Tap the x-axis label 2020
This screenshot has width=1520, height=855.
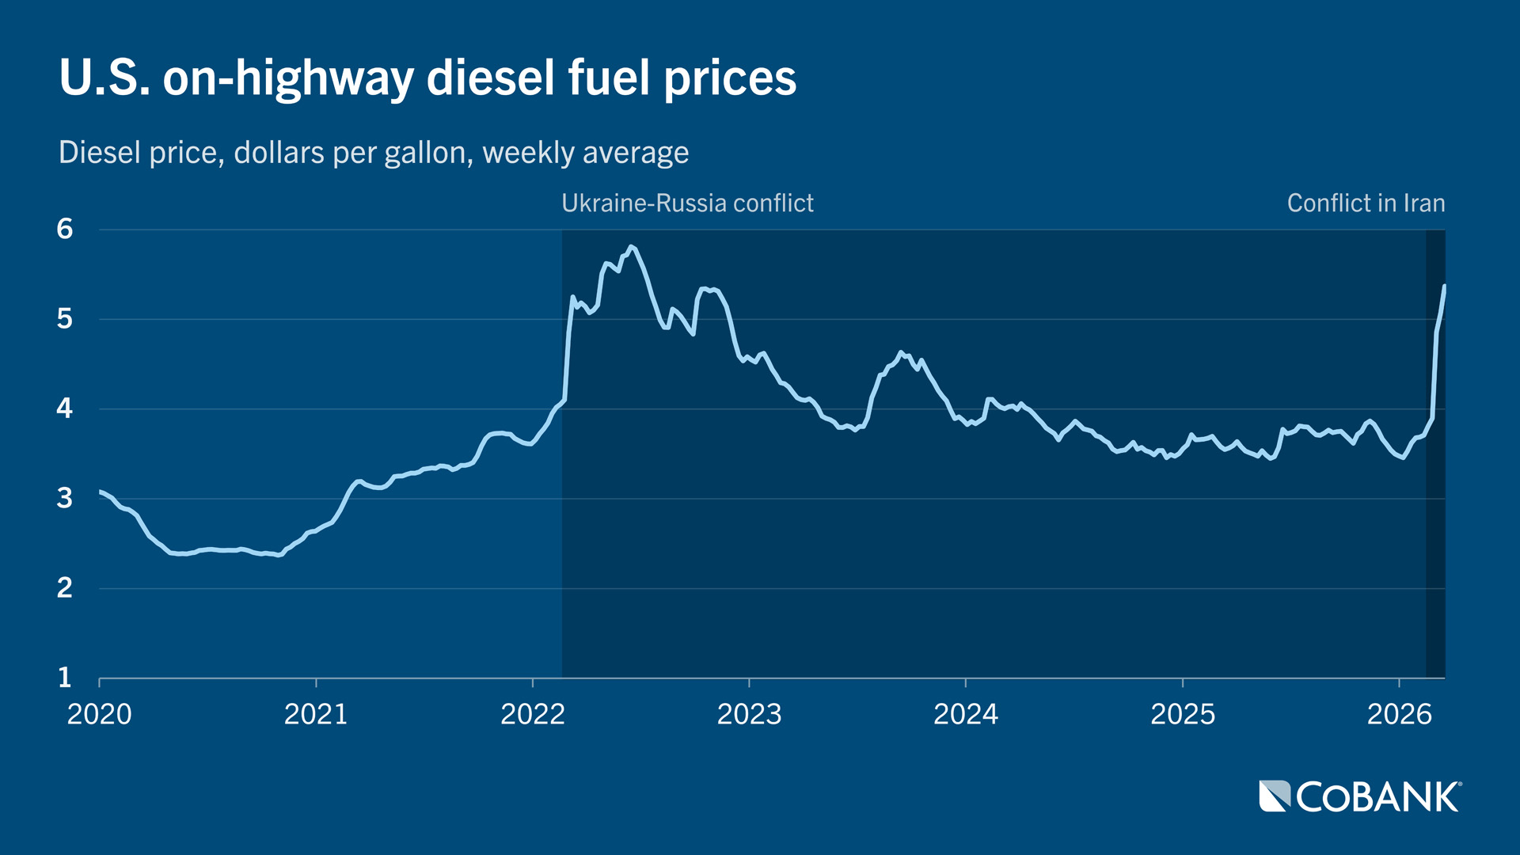[99, 714]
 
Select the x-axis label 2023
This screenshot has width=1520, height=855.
[749, 714]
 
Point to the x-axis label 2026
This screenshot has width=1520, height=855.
[1399, 714]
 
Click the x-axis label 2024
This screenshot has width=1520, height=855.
[965, 714]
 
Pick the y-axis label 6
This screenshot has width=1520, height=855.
[65, 230]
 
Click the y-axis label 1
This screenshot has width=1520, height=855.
[65, 678]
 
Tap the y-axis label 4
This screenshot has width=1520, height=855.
[65, 408]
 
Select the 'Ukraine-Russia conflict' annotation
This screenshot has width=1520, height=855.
[687, 203]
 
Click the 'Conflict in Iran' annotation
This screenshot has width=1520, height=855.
[1366, 203]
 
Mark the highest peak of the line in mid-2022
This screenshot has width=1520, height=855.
[631, 247]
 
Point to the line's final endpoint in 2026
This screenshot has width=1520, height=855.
[1444, 286]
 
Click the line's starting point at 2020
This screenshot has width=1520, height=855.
[101, 492]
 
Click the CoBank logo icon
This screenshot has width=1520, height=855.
[1275, 796]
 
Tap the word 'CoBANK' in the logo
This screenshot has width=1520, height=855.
[1377, 797]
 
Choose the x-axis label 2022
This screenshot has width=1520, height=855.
[533, 714]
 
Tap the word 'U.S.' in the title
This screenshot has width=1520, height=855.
[104, 78]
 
